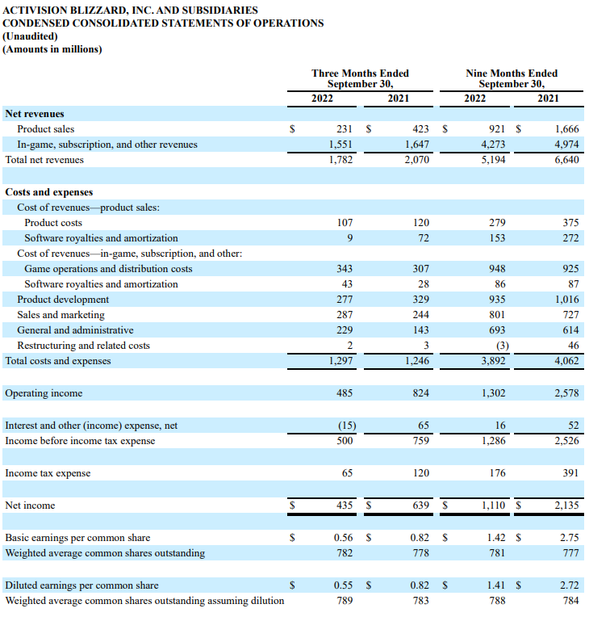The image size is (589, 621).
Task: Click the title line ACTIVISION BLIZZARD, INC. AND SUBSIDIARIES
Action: pos(131,10)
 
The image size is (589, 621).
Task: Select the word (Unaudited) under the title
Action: pos(31,36)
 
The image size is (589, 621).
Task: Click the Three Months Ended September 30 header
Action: pos(360,78)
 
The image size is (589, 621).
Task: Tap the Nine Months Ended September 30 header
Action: pos(512,78)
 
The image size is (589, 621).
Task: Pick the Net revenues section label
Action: pos(35,114)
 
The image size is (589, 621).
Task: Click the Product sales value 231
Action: pos(345,129)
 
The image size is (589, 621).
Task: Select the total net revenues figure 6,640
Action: pos(566,160)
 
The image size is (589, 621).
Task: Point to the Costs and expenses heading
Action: pos(49,192)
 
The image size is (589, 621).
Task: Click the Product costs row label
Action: pos(53,223)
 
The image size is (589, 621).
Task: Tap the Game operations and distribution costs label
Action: pos(108,269)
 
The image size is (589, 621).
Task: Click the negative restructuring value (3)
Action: pos(498,346)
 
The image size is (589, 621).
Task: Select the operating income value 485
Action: pos(345,393)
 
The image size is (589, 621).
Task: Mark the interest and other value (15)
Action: pos(345,426)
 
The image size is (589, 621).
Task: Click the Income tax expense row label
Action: pos(48,473)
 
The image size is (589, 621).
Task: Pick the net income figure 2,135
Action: pos(566,506)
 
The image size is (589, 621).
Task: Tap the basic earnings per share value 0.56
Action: pos(344,538)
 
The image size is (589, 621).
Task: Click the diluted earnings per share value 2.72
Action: pos(569,585)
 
